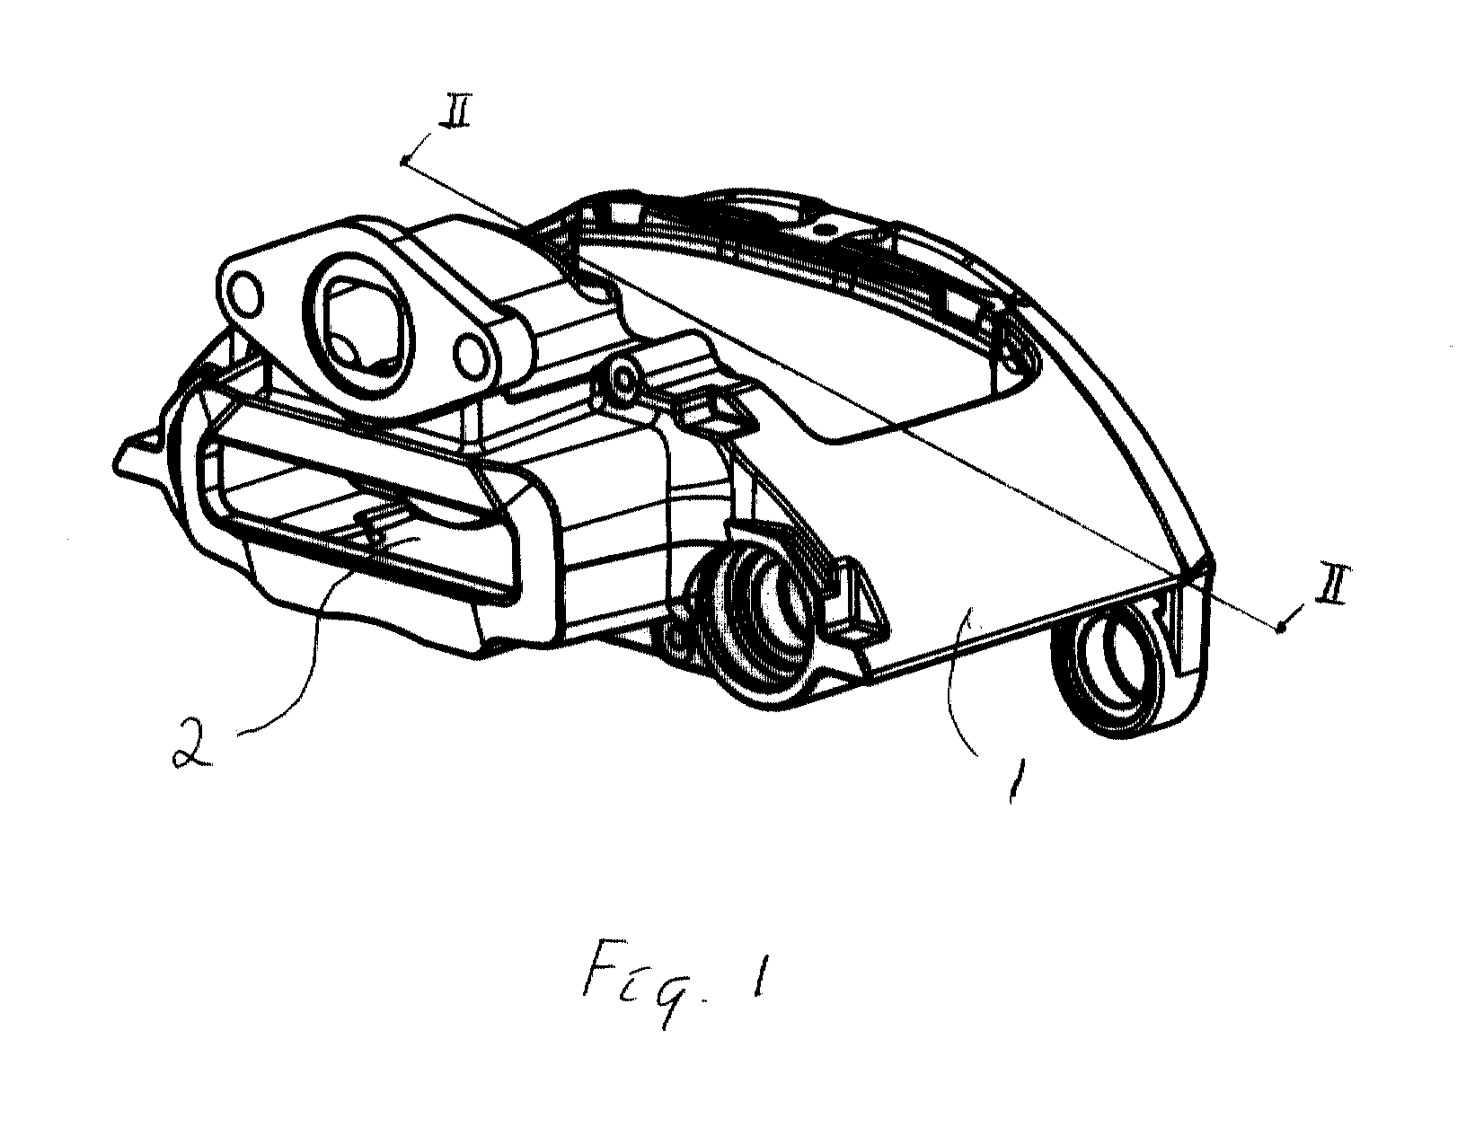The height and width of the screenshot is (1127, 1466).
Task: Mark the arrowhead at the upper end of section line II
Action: [404, 162]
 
